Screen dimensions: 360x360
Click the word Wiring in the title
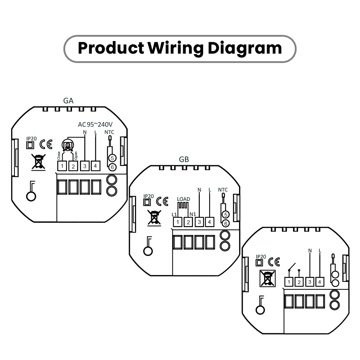[x=175, y=49]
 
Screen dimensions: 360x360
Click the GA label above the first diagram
[x=68, y=100]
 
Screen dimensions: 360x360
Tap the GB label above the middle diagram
[x=184, y=159]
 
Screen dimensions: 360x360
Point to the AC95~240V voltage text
[x=95, y=125]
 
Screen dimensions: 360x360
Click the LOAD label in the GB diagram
[x=184, y=199]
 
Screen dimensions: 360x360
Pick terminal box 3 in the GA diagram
[x=85, y=166]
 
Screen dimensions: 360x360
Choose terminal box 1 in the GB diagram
[x=177, y=222]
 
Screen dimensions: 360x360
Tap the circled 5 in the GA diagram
[x=112, y=158]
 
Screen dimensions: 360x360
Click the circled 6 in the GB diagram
[x=226, y=224]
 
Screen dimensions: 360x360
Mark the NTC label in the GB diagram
[x=223, y=190]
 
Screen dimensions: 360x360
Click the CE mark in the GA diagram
[x=46, y=144]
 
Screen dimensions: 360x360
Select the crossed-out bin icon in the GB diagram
[x=154, y=218]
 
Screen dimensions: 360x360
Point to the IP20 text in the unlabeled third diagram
[x=261, y=257]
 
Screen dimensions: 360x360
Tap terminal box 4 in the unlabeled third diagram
[x=320, y=282]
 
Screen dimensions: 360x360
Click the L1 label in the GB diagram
[x=174, y=215]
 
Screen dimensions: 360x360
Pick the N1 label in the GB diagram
[x=193, y=214]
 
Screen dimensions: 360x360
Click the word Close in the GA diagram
[x=59, y=156]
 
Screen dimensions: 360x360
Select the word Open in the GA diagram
[x=76, y=156]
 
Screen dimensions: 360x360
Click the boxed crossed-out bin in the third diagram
[x=267, y=279]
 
